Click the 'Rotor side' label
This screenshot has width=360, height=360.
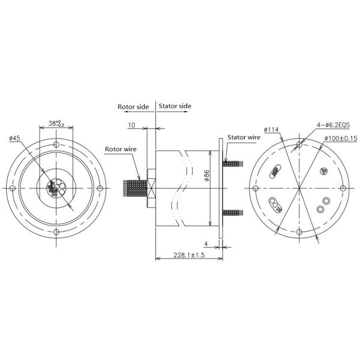click(133, 106)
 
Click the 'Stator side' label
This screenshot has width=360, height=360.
click(175, 106)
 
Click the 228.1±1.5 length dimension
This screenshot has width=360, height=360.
click(179, 254)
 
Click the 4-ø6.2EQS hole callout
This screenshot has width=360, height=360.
click(329, 125)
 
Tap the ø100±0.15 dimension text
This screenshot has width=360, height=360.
click(341, 139)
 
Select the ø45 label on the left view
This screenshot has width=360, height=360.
click(15, 138)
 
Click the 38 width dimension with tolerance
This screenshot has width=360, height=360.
click(57, 123)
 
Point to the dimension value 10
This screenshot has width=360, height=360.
click(131, 126)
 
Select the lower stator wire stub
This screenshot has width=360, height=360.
click(234, 212)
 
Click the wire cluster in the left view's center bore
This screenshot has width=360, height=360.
click(55, 188)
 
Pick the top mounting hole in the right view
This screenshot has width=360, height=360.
click(299, 145)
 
